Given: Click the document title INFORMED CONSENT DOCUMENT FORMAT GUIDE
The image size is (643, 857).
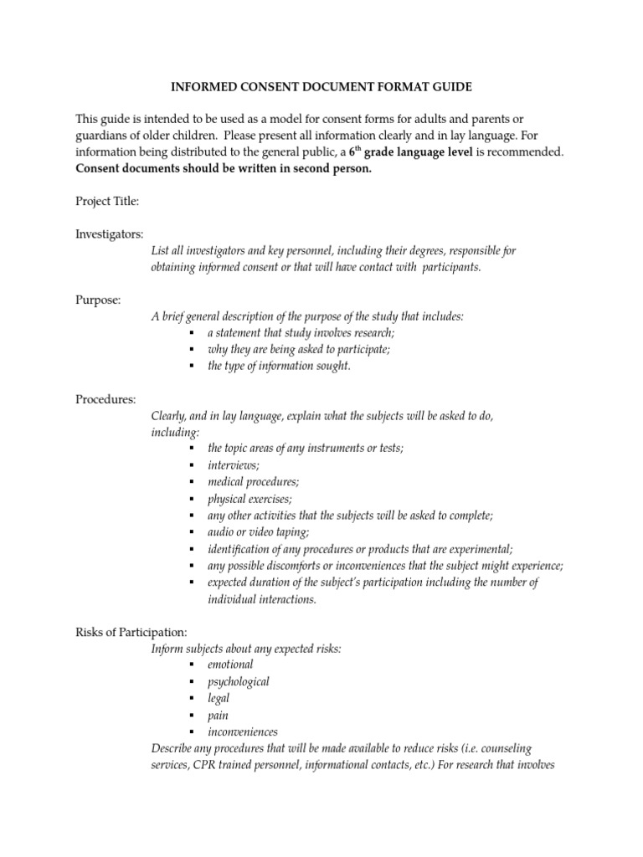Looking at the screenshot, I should click(321, 86).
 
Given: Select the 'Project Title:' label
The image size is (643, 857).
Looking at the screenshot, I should click(107, 202).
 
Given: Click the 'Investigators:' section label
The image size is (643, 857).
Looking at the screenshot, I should click(110, 234).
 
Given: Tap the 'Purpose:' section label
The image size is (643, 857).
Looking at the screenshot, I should click(99, 300).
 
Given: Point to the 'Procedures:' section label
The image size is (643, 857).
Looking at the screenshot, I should click(105, 399).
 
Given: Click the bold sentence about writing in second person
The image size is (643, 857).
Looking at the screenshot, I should click(213, 168).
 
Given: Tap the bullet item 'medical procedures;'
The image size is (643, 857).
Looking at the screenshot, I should click(254, 482).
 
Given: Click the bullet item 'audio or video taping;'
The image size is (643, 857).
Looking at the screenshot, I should click(259, 532).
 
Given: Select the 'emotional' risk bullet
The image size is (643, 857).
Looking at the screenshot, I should click(230, 665).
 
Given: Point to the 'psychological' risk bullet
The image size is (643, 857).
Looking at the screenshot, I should click(239, 681).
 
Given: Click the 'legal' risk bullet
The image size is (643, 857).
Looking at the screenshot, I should click(219, 698).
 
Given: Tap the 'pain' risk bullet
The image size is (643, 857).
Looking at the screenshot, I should click(218, 715).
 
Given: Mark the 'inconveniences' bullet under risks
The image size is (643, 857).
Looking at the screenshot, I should click(243, 731).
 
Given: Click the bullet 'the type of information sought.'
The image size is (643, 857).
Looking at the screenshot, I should click(279, 367).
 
